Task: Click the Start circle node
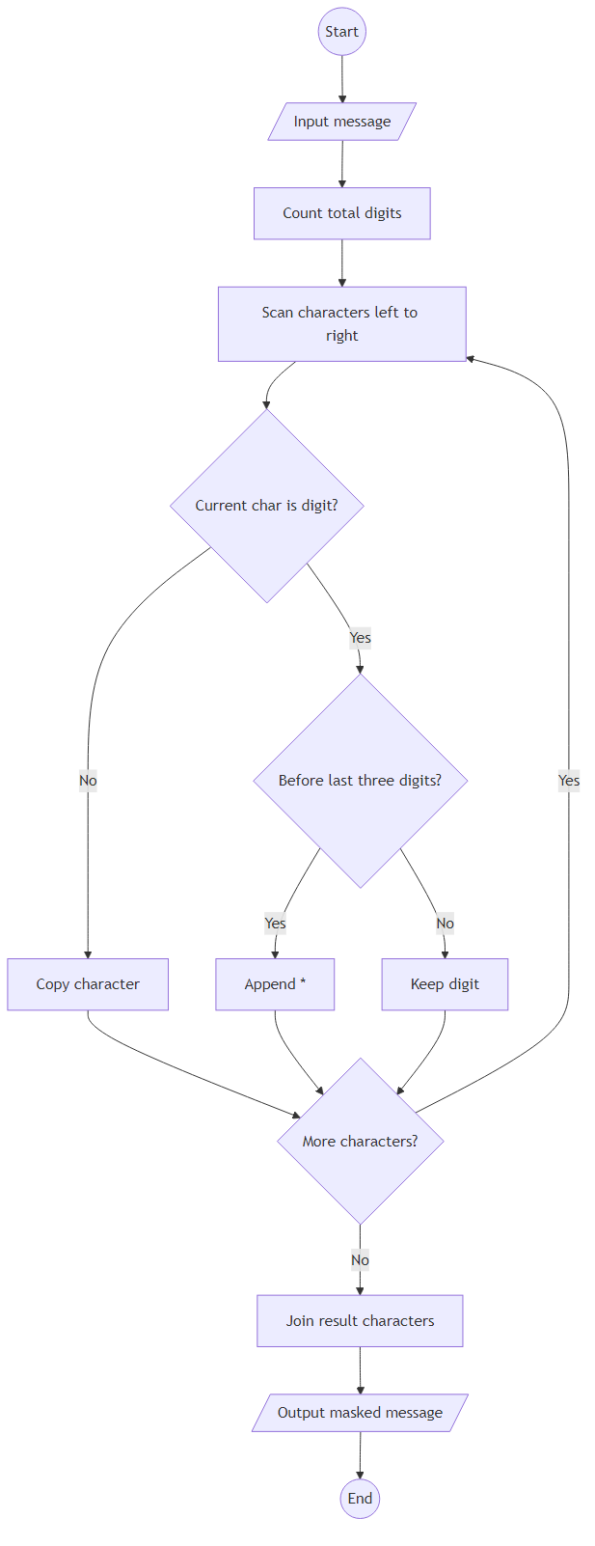[x=341, y=32]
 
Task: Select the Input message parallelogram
[x=341, y=122]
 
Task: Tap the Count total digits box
[x=341, y=213]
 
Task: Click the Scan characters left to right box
[x=341, y=324]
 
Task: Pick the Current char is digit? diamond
[x=266, y=506]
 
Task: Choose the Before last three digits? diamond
[x=360, y=781]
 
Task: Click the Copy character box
[x=88, y=984]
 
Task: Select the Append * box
[x=275, y=984]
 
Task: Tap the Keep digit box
[x=445, y=984]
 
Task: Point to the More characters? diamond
[x=360, y=1142]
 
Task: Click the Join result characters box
[x=360, y=1321]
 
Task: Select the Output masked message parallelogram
[x=360, y=1413]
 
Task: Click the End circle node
[x=360, y=1499]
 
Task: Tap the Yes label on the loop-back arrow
[x=569, y=781]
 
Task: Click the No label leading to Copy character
[x=88, y=781]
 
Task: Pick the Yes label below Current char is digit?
[x=360, y=638]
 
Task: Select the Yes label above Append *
[x=275, y=924]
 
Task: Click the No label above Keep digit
[x=445, y=924]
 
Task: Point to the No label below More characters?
[x=360, y=1260]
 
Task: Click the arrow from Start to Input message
[x=341, y=79]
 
